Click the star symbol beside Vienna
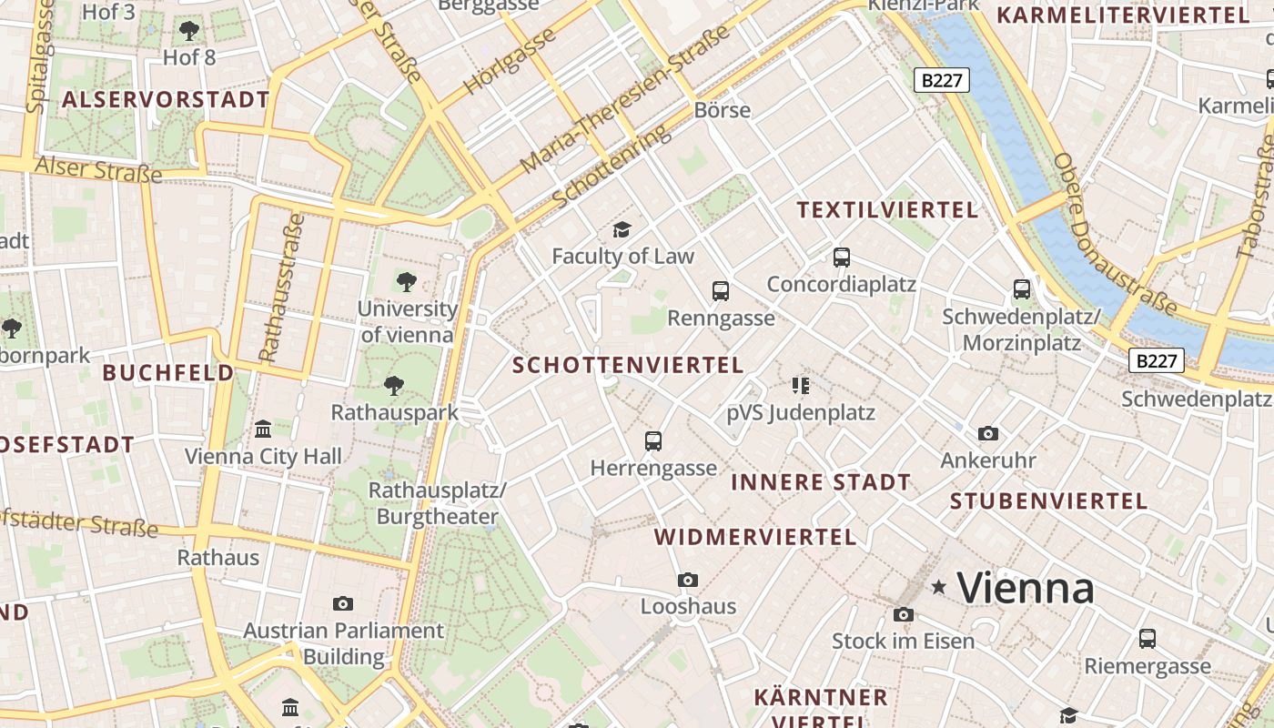click(939, 588)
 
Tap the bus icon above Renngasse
click(721, 291)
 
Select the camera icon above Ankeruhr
click(988, 434)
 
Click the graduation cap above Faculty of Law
click(622, 228)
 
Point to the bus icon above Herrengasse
click(653, 441)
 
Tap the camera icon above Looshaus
click(688, 580)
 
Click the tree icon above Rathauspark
click(394, 386)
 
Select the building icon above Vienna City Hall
click(263, 429)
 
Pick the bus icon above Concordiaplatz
click(841, 258)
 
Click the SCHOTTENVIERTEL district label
click(628, 365)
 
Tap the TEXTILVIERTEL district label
click(887, 210)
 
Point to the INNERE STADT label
click(821, 482)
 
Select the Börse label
click(723, 110)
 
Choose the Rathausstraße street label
click(281, 287)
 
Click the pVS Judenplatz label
click(801, 413)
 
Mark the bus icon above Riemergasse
click(1148, 639)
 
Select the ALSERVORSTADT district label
click(166, 100)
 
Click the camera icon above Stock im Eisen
click(904, 614)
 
